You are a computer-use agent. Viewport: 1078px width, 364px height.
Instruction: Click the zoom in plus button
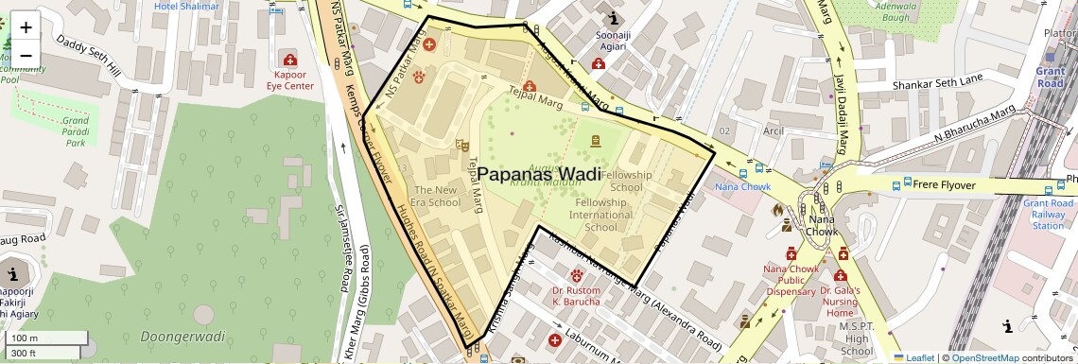26,27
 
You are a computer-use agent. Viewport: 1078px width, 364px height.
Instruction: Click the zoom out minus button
26,55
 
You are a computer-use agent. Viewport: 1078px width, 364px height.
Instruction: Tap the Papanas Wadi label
538,174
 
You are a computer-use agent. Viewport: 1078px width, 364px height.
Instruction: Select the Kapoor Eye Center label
289,79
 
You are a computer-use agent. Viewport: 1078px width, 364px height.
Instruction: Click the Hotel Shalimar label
186,7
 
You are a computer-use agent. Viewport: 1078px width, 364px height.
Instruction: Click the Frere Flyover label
938,184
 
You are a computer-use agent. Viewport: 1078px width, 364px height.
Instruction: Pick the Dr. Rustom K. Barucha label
576,296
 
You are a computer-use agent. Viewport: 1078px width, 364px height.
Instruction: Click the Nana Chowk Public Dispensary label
790,280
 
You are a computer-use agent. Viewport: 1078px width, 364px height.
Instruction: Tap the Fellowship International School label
601,215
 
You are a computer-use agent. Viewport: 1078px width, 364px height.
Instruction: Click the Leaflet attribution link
913,357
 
